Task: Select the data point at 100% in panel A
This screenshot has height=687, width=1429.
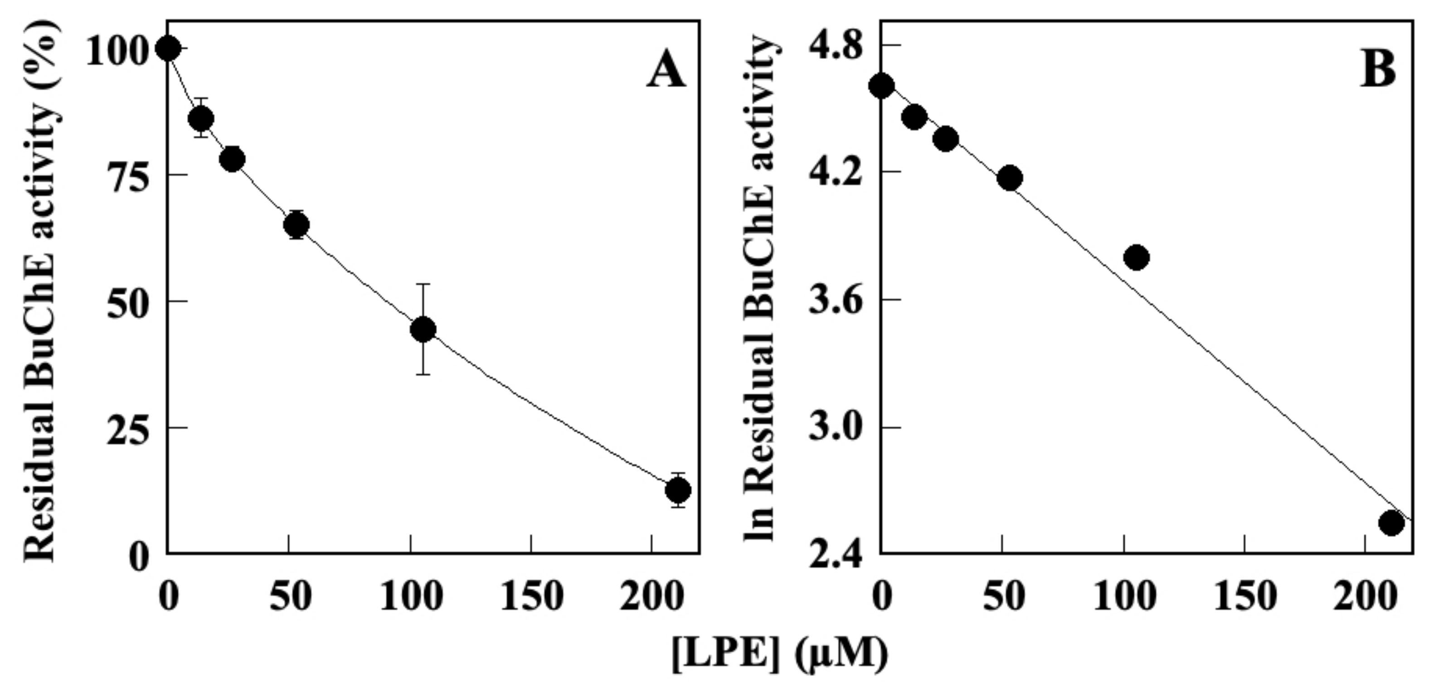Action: (168, 49)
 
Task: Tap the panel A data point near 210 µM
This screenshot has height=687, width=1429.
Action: (677, 490)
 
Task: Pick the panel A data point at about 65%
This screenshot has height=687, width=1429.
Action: (296, 225)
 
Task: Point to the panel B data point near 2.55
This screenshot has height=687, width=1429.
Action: (1391, 523)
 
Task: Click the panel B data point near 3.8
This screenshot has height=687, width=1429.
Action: (1137, 257)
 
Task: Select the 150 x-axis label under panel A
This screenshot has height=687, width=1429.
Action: (531, 598)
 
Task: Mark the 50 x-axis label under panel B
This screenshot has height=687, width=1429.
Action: (1003, 598)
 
